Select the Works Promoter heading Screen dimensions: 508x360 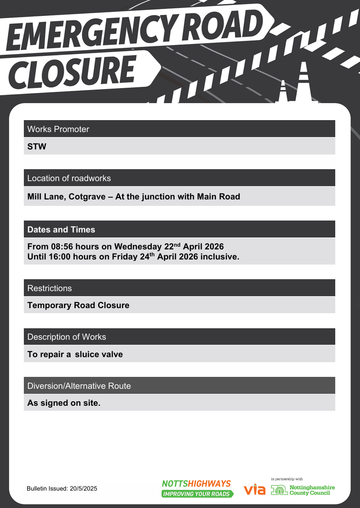[58, 129]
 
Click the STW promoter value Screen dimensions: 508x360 [37, 147]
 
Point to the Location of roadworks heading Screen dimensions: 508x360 [69, 178]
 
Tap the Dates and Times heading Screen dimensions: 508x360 [61, 229]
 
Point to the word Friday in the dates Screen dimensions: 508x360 [124, 257]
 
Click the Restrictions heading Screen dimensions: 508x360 [50, 288]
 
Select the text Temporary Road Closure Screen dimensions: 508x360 [78, 305]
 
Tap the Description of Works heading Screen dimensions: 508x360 [66, 337]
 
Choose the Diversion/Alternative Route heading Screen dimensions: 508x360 [79, 386]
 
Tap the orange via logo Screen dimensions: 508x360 [255, 490]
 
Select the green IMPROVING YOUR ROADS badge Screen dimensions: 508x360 [197, 494]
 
